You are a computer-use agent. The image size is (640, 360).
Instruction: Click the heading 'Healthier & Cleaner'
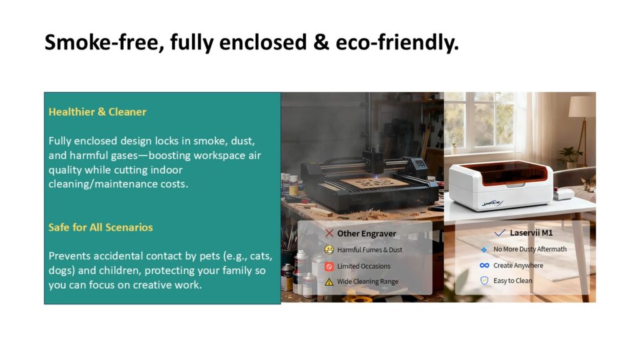click(x=97, y=112)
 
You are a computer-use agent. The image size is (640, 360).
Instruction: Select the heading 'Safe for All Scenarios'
click(x=101, y=227)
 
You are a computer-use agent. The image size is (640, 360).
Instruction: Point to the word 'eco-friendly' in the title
click(x=397, y=42)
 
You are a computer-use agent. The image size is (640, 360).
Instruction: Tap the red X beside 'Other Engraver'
click(x=329, y=233)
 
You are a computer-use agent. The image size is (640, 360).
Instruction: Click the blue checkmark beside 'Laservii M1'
click(x=499, y=232)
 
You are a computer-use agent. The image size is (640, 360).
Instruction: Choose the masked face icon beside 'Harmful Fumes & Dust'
click(x=329, y=249)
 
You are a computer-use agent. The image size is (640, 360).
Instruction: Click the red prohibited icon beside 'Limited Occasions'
click(x=329, y=266)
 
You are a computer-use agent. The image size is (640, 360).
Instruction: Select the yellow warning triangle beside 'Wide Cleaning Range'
click(x=329, y=282)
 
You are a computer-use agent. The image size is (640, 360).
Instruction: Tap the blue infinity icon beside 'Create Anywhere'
click(x=484, y=265)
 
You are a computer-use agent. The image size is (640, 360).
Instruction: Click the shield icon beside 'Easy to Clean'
click(x=484, y=281)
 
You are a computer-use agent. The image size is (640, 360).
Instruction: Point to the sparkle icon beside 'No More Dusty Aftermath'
click(x=484, y=249)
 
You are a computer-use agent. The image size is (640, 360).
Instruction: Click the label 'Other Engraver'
click(x=366, y=234)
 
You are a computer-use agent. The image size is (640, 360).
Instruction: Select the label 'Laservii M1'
click(x=531, y=232)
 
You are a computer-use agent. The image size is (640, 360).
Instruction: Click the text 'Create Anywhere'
click(x=518, y=265)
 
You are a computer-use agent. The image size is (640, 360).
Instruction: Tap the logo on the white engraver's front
click(x=492, y=202)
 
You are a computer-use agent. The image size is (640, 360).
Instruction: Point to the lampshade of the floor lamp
click(x=582, y=104)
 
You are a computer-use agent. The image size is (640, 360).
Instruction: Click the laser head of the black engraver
click(x=375, y=162)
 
